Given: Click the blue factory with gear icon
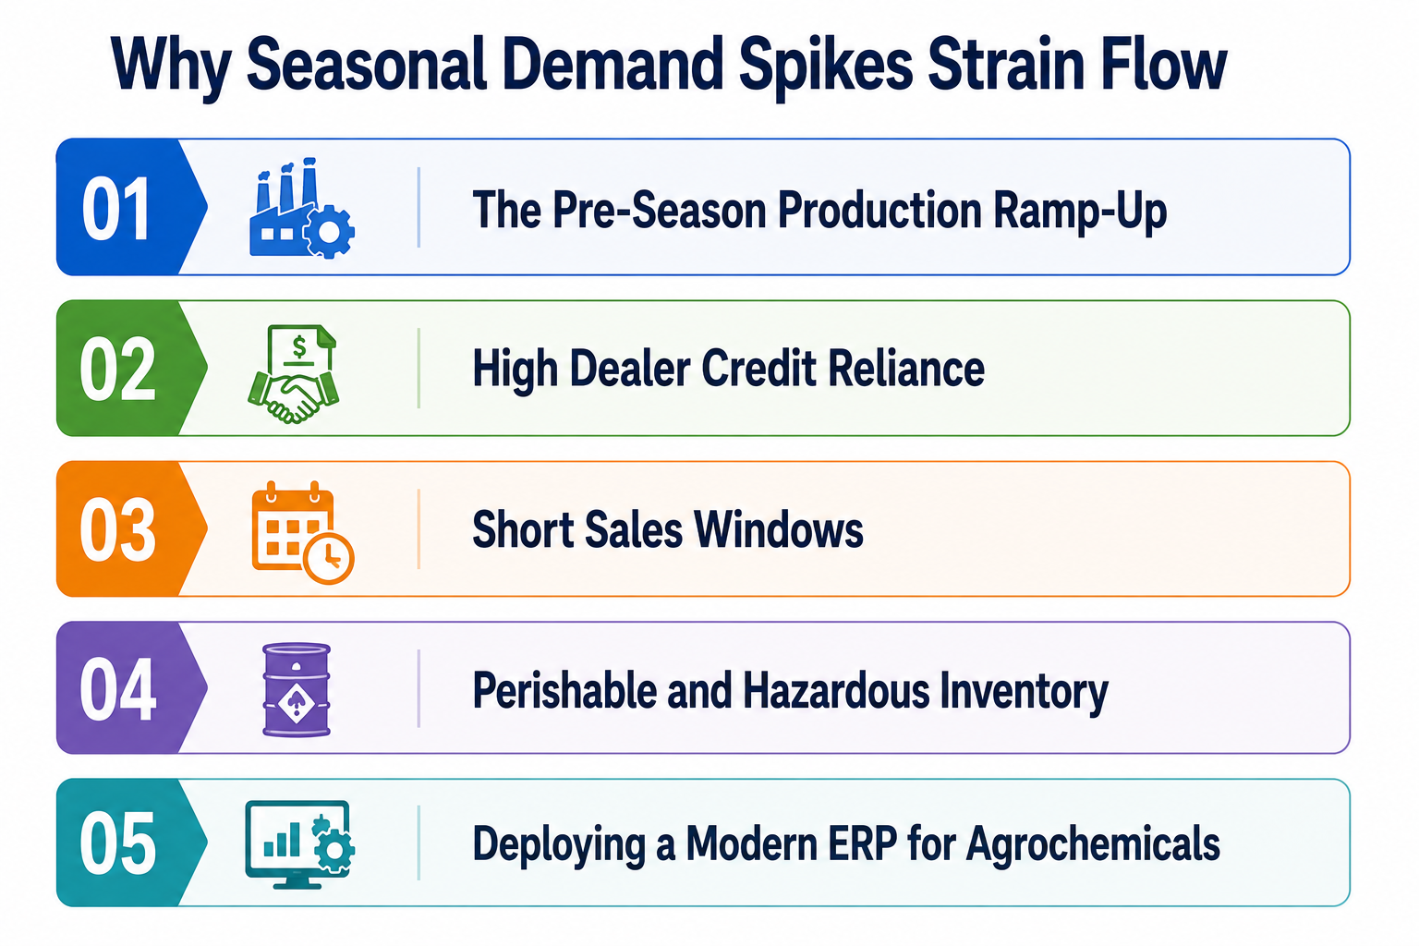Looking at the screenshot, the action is coord(301,208).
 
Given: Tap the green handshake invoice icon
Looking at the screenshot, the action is coord(293,374).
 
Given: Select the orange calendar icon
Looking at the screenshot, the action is coord(302,531).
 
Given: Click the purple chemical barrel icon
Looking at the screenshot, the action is coord(297,690).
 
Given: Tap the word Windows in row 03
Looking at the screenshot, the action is coord(779,529).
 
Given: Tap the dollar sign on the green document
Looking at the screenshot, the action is coord(299,346).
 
